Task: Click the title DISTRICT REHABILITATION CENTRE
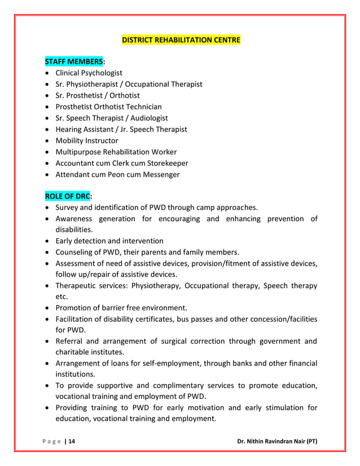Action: [x=181, y=40]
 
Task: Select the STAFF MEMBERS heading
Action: [x=73, y=61]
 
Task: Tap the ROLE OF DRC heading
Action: [x=68, y=196]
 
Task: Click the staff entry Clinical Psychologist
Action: [x=89, y=73]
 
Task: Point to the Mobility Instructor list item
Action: [x=86, y=140]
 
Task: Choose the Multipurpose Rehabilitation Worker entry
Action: [x=116, y=152]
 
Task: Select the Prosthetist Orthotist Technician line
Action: [x=108, y=107]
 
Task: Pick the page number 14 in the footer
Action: [x=71, y=441]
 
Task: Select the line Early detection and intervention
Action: [x=109, y=241]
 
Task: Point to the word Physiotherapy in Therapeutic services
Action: [x=153, y=285]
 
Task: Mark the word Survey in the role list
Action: [x=67, y=207]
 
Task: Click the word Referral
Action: [x=70, y=341]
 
